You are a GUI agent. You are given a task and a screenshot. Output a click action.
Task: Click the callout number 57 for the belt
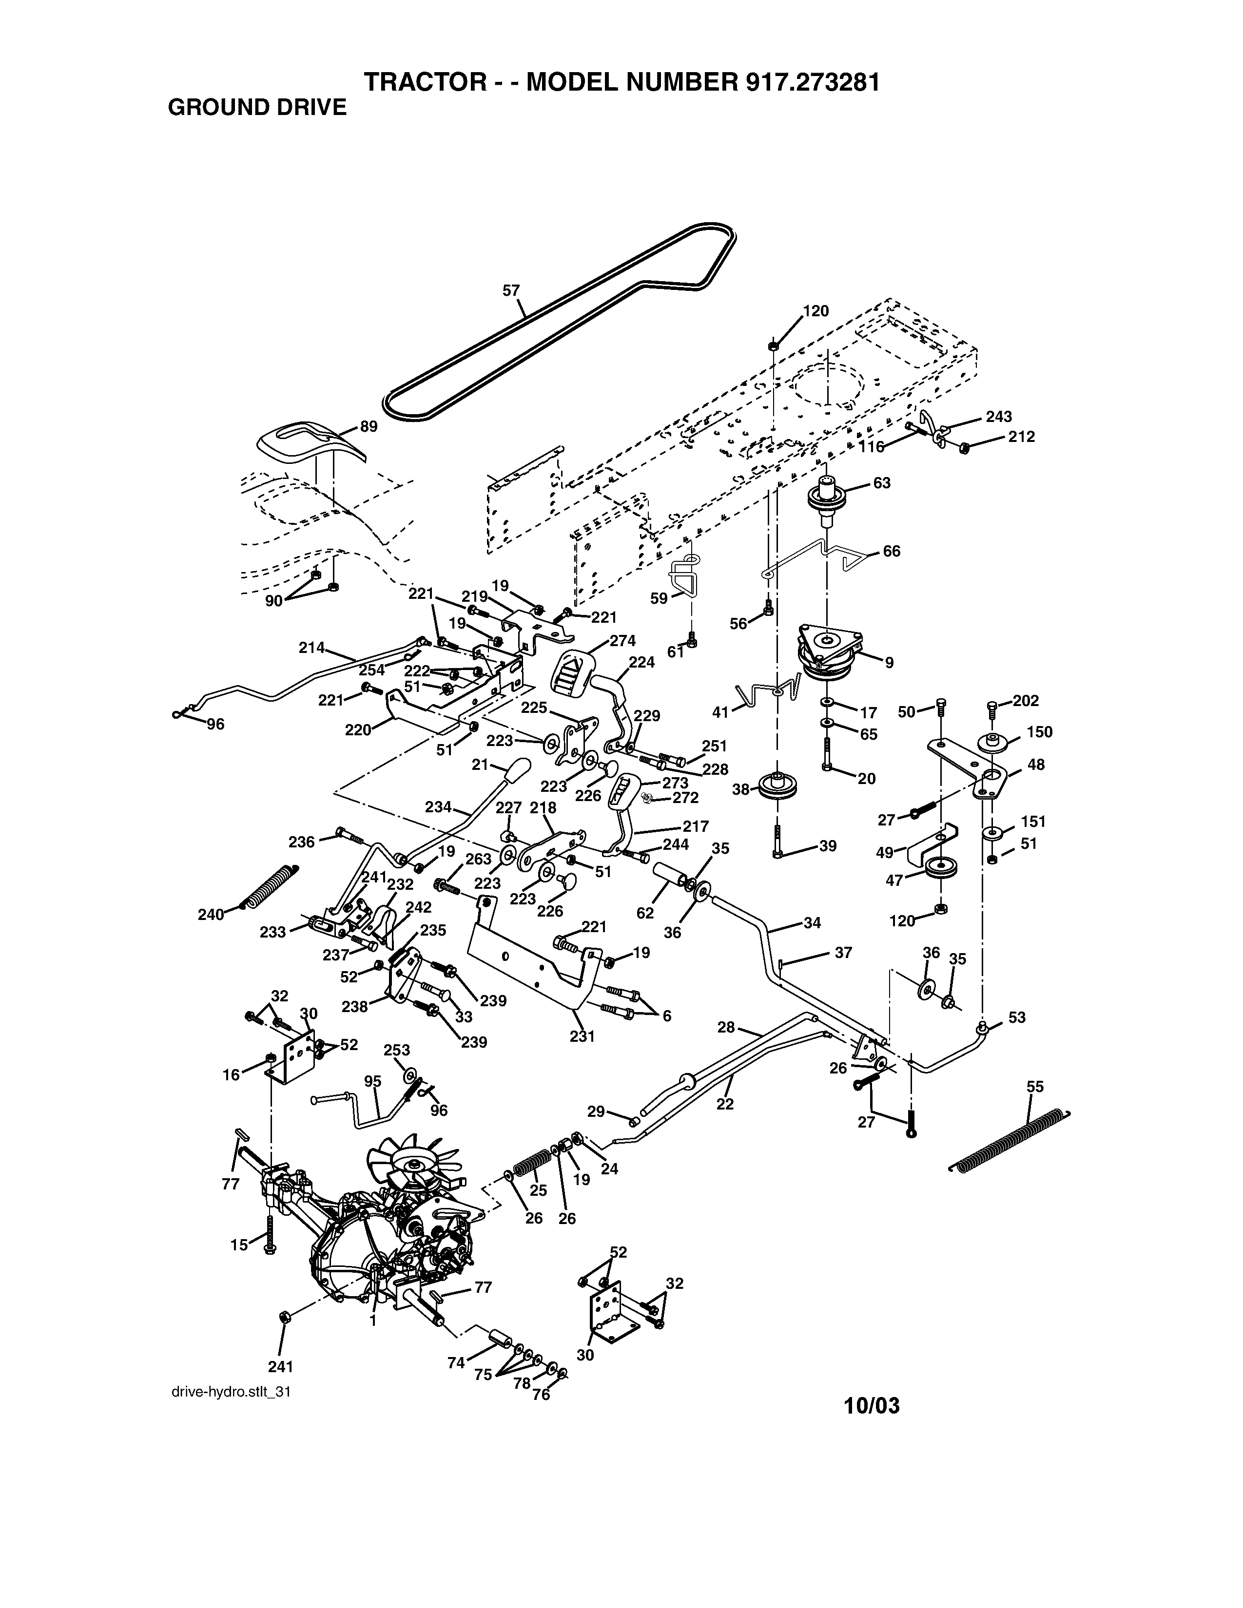(511, 291)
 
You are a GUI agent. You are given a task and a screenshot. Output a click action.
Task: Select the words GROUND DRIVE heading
(257, 108)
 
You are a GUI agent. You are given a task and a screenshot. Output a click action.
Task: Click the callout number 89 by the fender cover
(368, 426)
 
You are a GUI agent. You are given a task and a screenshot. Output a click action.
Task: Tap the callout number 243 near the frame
(998, 417)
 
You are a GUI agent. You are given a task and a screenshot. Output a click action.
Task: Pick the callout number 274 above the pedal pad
(622, 641)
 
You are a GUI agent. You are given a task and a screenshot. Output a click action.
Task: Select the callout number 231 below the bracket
(582, 1036)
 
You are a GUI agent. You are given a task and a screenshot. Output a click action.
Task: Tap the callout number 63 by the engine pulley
(881, 483)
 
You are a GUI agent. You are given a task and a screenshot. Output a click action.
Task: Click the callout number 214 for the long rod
(311, 648)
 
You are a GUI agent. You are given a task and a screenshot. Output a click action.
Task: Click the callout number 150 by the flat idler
(1039, 732)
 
